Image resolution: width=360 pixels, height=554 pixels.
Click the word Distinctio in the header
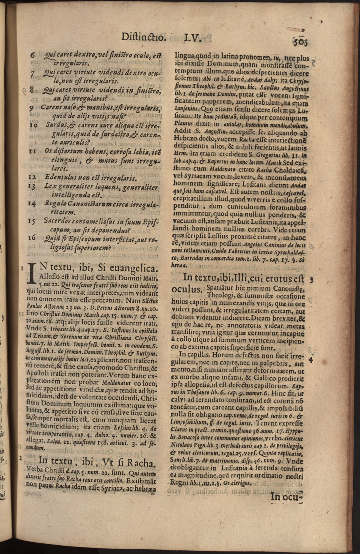(x=144, y=37)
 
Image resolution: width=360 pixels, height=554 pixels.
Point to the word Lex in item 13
(x=50, y=186)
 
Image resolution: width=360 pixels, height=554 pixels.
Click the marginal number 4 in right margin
(x=311, y=358)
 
